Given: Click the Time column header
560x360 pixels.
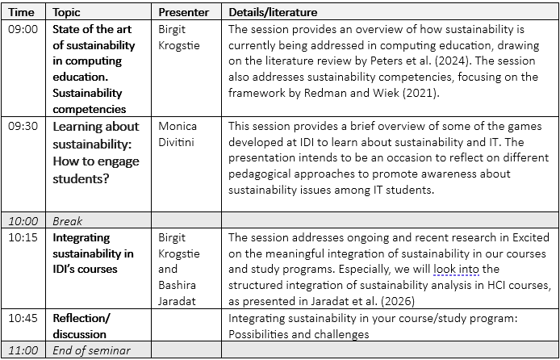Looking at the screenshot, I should pyautogui.click(x=22, y=13).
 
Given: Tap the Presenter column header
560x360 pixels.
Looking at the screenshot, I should pyautogui.click(x=183, y=13).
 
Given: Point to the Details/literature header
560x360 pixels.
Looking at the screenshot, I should pyautogui.click(x=273, y=13).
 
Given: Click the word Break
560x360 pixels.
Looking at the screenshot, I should pyautogui.click(x=68, y=220).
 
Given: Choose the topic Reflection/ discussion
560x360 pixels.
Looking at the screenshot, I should pyautogui.click(x=80, y=326).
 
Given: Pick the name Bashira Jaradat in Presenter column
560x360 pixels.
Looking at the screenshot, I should pyautogui.click(x=183, y=292).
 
